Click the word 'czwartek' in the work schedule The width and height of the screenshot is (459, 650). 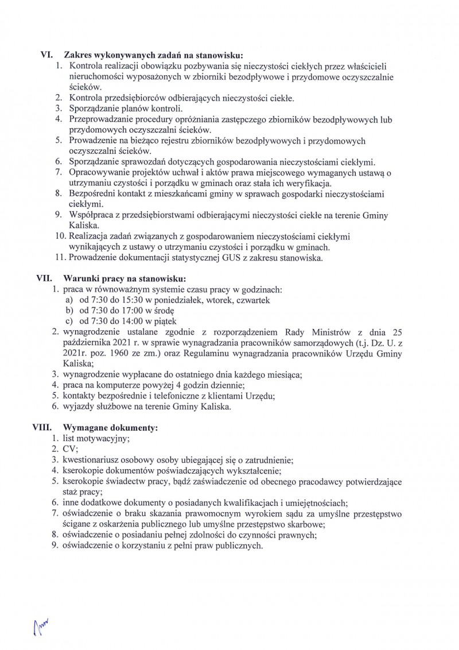(245, 300)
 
